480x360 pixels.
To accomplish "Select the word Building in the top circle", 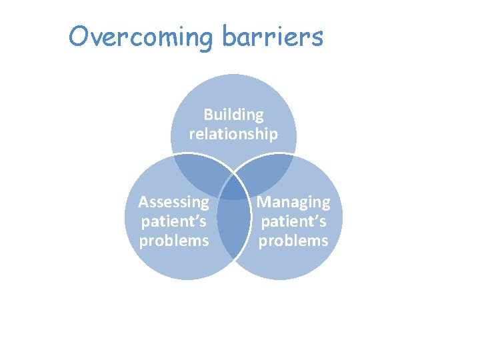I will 233,115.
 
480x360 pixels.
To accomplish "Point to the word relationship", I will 233,134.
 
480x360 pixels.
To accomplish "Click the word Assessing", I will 173,202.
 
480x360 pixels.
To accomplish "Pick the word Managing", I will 293,202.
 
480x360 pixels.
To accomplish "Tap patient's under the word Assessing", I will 173,221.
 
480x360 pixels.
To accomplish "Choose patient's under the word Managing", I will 293,221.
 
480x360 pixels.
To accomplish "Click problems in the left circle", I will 173,240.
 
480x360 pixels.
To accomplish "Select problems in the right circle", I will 293,240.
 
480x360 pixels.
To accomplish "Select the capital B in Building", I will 208,115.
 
